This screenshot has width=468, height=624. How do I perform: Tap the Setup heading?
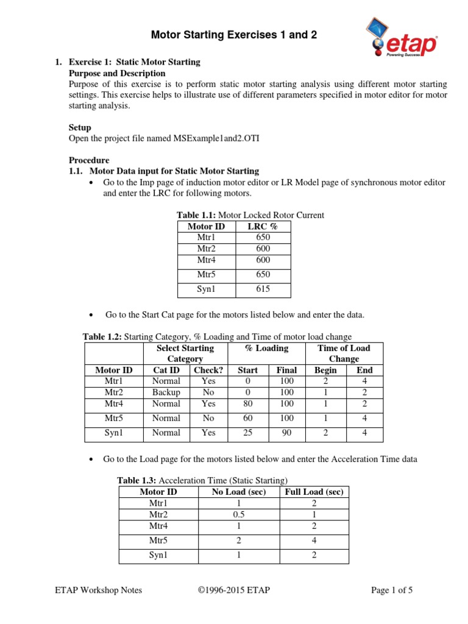[80, 127]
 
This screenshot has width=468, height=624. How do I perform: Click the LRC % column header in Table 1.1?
[263, 226]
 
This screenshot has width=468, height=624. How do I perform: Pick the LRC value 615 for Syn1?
[263, 289]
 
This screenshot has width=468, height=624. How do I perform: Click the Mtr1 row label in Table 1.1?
[206, 237]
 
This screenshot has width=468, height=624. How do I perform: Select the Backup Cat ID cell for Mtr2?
[166, 392]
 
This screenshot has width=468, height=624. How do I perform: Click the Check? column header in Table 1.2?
[208, 370]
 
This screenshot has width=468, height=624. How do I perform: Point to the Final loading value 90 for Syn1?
[286, 433]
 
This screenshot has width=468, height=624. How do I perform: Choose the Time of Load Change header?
[344, 353]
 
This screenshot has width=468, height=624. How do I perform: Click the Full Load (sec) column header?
[314, 492]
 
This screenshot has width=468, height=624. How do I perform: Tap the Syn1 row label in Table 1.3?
[158, 555]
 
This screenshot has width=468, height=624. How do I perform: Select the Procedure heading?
[88, 160]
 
